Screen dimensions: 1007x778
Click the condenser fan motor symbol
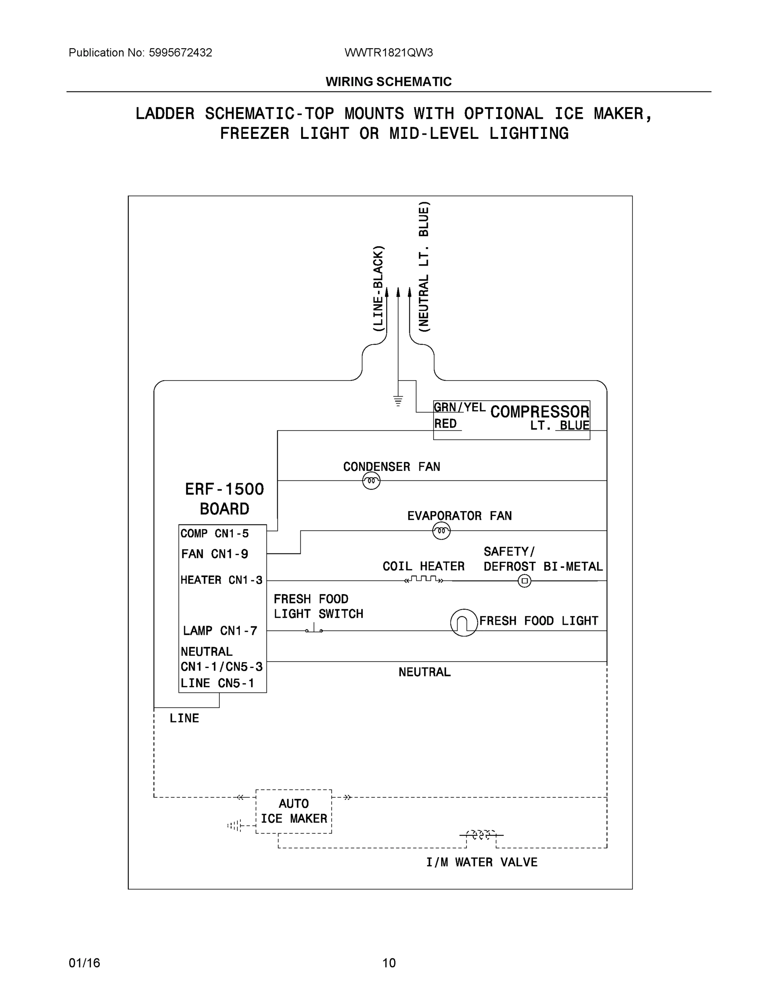click(x=371, y=481)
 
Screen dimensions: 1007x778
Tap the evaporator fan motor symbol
click(x=441, y=531)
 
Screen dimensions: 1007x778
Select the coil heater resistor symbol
click(x=424, y=579)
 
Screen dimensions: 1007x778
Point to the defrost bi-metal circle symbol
click(x=525, y=581)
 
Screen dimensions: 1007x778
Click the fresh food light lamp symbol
click(x=464, y=623)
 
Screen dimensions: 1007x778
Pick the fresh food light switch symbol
click(x=314, y=629)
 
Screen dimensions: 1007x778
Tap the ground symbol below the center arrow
click(x=398, y=401)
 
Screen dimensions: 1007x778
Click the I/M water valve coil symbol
click(x=481, y=835)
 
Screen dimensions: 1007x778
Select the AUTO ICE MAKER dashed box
click(x=294, y=811)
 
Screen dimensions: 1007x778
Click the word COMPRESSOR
click(x=540, y=412)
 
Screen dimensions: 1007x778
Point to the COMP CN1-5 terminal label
click(x=214, y=533)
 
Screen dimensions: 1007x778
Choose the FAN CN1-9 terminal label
click(x=214, y=554)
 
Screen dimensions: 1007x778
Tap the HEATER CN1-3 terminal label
click(x=221, y=580)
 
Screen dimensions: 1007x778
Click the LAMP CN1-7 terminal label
click(x=220, y=630)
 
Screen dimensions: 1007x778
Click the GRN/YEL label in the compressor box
click(x=459, y=407)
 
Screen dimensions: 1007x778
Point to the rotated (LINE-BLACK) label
click(x=377, y=289)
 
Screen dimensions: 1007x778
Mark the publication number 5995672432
click(x=180, y=52)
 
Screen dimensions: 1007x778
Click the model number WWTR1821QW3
click(x=388, y=52)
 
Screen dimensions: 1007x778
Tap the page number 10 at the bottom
click(x=389, y=963)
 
